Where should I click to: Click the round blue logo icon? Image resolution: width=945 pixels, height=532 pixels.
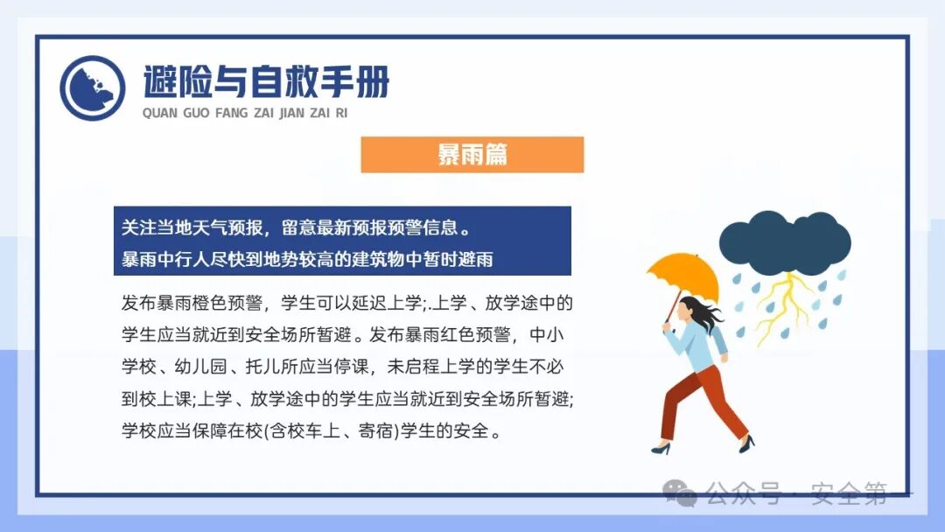(x=92, y=87)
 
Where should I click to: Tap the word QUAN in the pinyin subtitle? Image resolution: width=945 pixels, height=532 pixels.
(x=159, y=114)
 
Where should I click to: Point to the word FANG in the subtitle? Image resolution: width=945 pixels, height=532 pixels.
(x=231, y=114)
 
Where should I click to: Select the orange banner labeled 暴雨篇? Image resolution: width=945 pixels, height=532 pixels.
(x=472, y=155)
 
